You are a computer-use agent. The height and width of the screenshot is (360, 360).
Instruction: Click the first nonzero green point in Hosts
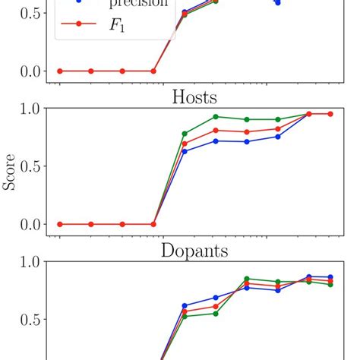point(185,134)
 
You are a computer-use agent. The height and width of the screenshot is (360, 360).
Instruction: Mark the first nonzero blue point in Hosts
point(185,151)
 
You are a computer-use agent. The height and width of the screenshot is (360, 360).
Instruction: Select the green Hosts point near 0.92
point(216,116)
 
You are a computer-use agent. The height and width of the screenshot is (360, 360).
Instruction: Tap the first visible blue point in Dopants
point(185,305)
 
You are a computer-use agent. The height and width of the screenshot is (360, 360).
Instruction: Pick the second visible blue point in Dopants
point(216,298)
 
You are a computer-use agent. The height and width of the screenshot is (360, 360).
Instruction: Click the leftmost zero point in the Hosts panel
point(59,224)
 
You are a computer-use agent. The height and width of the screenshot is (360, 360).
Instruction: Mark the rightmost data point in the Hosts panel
point(330,114)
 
